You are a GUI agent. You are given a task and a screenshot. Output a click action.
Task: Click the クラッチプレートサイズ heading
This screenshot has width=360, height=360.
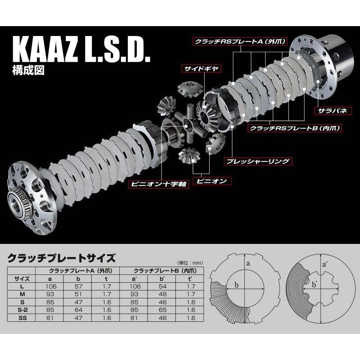(62, 258)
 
